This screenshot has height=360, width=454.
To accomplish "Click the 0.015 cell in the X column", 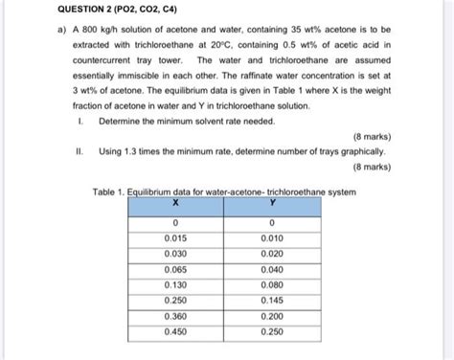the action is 175,239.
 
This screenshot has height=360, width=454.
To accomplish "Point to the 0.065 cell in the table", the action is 175,271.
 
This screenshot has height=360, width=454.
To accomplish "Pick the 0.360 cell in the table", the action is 175,317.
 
